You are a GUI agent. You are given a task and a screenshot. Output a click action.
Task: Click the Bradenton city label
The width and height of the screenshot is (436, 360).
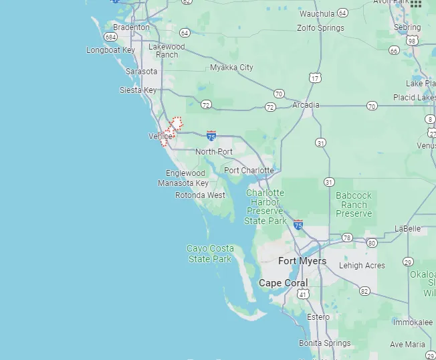click(131, 27)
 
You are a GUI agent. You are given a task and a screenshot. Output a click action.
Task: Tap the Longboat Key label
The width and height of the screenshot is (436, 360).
click(110, 50)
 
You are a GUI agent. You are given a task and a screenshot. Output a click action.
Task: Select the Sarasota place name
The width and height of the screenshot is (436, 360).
click(141, 72)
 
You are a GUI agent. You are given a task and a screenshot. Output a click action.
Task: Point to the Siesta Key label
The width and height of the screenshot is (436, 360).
click(138, 90)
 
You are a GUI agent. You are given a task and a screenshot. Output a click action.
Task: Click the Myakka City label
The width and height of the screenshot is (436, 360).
click(231, 68)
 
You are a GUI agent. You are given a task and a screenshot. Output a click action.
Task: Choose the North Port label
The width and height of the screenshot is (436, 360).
click(214, 152)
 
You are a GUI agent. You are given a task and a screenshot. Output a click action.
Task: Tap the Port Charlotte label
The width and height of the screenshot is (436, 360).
click(249, 171)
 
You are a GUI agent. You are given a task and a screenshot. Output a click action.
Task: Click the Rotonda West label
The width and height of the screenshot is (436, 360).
click(200, 195)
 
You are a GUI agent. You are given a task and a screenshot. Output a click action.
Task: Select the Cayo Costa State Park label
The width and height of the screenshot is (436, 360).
click(210, 254)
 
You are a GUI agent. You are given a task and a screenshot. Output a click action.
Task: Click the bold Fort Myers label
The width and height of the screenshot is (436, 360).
click(302, 261)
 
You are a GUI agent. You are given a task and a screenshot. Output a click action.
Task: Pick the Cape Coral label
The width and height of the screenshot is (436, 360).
click(284, 283)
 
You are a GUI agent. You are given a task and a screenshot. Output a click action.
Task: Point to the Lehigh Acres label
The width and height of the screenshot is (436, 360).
click(362, 266)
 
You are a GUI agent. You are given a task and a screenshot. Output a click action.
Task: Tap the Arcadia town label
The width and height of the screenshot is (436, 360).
click(306, 105)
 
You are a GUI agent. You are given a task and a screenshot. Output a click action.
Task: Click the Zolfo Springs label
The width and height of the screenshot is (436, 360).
click(321, 28)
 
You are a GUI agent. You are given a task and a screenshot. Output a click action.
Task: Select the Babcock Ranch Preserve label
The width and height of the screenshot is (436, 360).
click(354, 205)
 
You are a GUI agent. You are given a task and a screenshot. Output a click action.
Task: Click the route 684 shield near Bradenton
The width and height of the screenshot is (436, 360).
click(110, 37)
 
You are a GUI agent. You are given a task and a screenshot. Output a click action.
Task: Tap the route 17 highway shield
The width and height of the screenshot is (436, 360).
click(314, 78)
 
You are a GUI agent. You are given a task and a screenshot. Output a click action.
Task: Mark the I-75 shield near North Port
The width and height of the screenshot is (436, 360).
click(211, 136)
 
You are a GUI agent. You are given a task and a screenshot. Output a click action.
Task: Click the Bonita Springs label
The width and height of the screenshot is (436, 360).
click(325, 343)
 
